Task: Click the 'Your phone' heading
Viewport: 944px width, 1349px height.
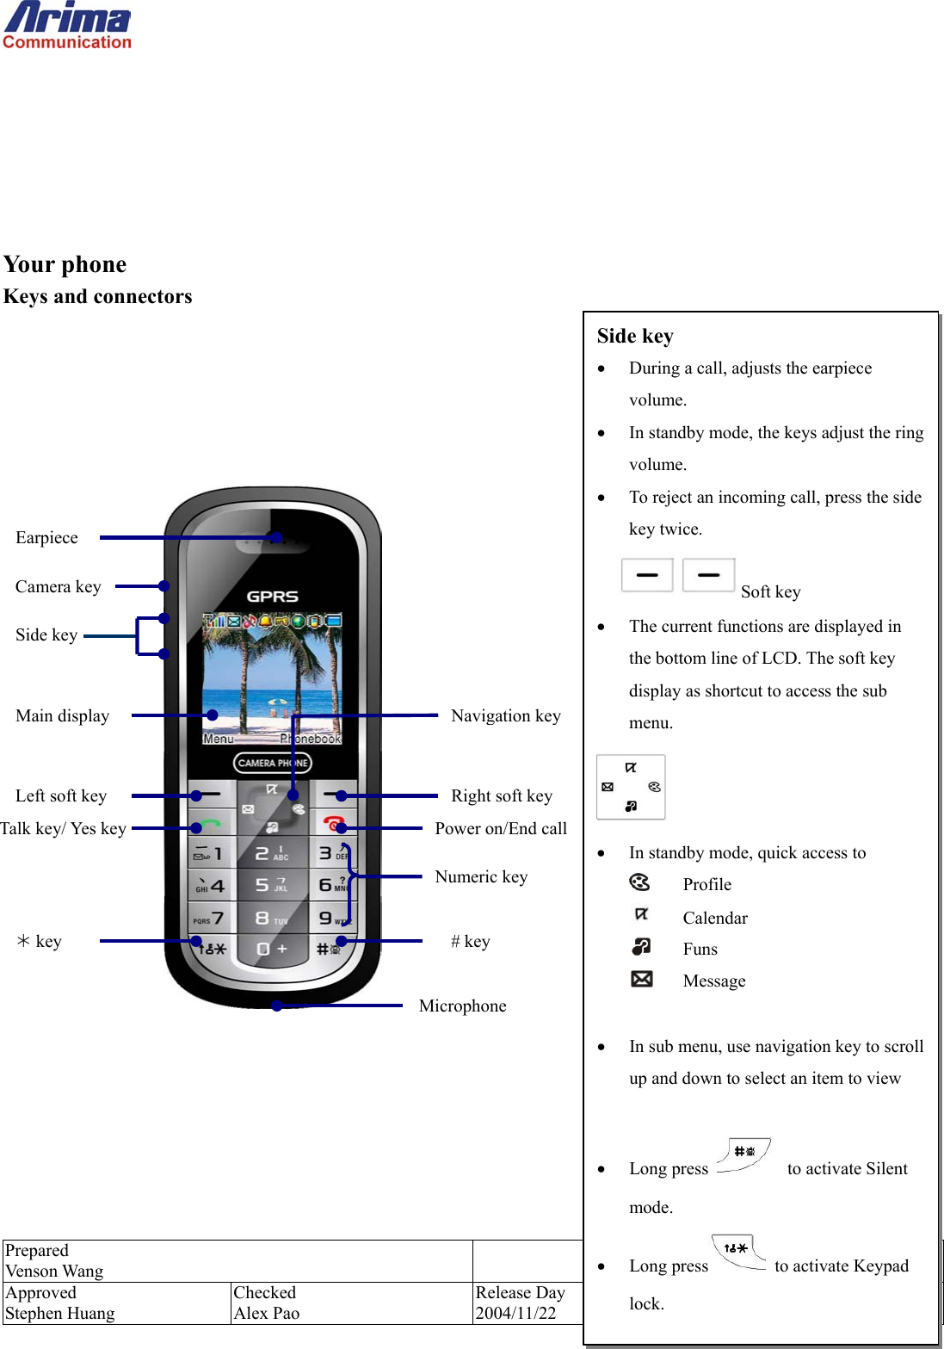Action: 65,264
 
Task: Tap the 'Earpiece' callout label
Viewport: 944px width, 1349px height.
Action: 46,538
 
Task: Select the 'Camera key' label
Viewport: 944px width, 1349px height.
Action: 58,587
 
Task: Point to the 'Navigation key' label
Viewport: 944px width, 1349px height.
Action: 505,716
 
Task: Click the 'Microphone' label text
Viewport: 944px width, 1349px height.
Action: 462,1006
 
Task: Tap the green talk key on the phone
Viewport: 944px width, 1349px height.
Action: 209,825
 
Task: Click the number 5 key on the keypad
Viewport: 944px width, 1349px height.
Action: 270,884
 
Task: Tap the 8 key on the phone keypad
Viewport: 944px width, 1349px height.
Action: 270,918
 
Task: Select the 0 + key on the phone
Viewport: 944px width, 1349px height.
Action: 270,949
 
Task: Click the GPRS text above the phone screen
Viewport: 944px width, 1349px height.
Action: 272,597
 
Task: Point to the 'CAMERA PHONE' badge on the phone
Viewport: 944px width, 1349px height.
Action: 272,763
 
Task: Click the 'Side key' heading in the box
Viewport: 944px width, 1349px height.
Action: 635,337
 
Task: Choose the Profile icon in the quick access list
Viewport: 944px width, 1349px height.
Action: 640,882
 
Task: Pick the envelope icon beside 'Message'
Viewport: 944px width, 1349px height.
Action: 641,979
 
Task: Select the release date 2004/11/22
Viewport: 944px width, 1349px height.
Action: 515,1313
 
